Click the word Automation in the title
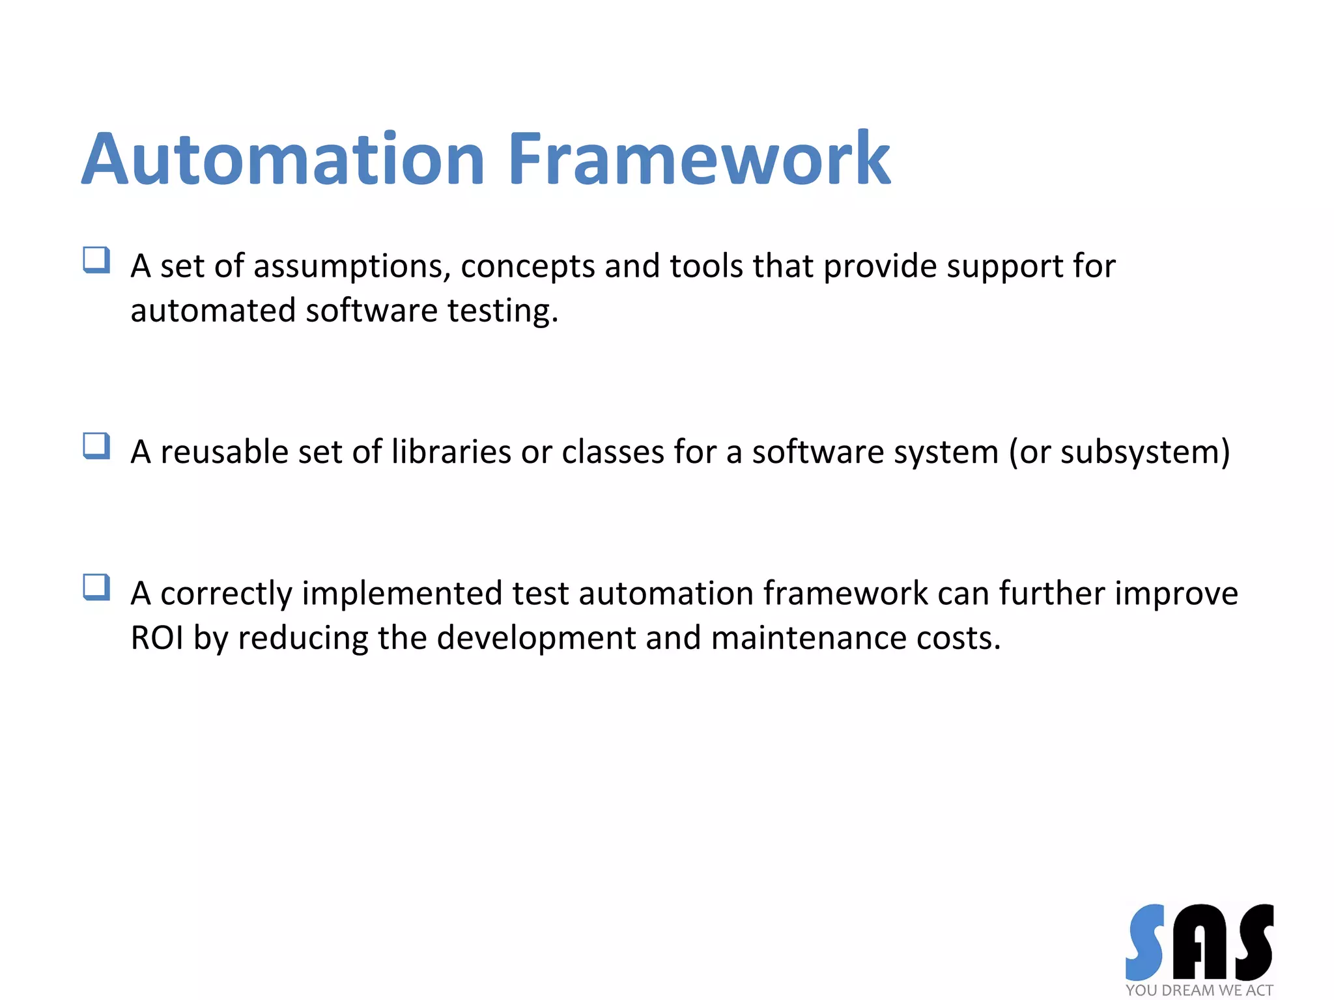pos(283,160)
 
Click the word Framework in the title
pos(698,160)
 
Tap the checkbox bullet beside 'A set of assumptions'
pos(96,260)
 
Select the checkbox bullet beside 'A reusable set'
pos(96,447)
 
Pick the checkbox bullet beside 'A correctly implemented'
pos(96,587)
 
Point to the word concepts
pos(528,267)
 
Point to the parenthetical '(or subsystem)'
pos(1119,452)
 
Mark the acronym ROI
pos(157,638)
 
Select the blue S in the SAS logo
pos(1146,942)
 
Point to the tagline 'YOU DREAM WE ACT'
pos(1199,990)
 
